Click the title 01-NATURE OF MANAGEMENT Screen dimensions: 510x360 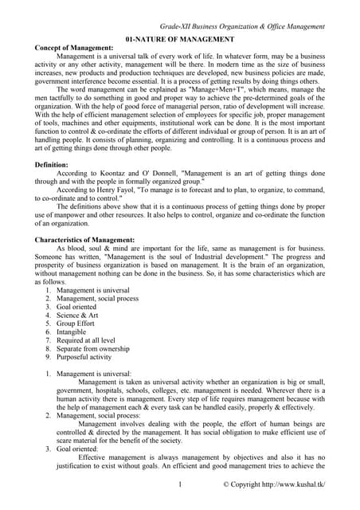coord(180,38)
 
